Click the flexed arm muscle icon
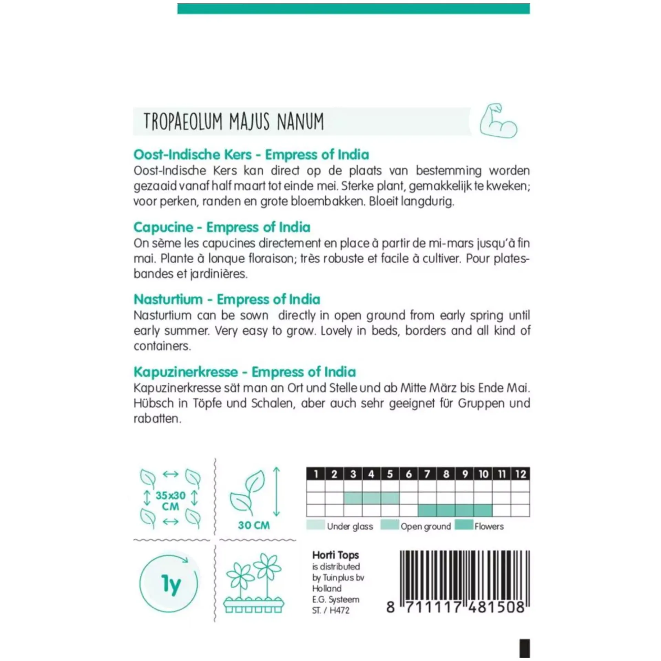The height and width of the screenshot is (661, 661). click(498, 121)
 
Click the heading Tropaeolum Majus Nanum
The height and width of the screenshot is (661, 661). click(234, 122)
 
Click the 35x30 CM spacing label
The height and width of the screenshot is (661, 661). click(170, 501)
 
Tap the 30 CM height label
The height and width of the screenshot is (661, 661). click(254, 525)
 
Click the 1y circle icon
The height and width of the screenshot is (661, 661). click(169, 584)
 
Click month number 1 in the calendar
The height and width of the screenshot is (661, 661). click(316, 474)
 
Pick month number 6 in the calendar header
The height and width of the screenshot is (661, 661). click(409, 474)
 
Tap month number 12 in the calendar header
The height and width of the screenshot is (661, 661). click(520, 474)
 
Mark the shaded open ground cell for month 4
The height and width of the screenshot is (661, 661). click(371, 498)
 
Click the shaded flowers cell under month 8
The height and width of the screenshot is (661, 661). click(446, 510)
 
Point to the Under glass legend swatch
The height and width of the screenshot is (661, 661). click(315, 525)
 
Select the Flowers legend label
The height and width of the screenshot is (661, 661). click(489, 526)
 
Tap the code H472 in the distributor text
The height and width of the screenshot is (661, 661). click(339, 610)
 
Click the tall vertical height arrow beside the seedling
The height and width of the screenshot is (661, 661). click(276, 492)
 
